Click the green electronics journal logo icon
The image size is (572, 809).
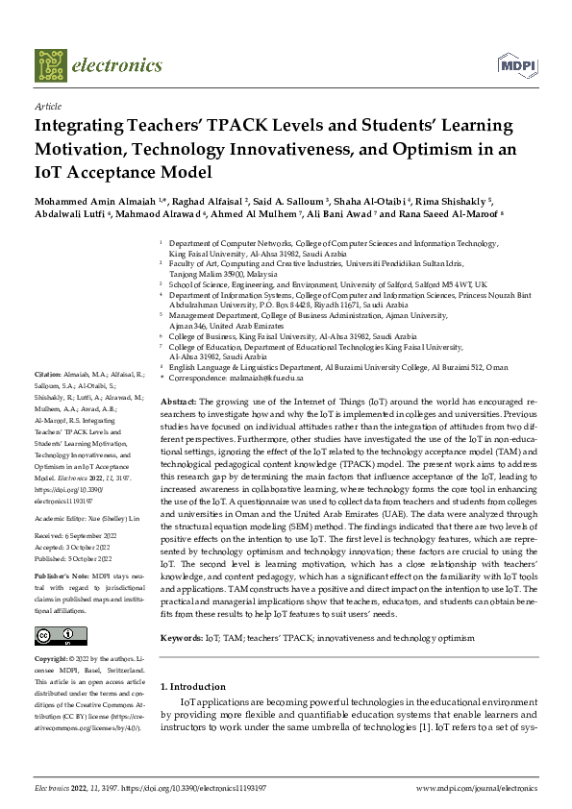51,65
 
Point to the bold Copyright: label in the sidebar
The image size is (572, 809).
55,661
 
